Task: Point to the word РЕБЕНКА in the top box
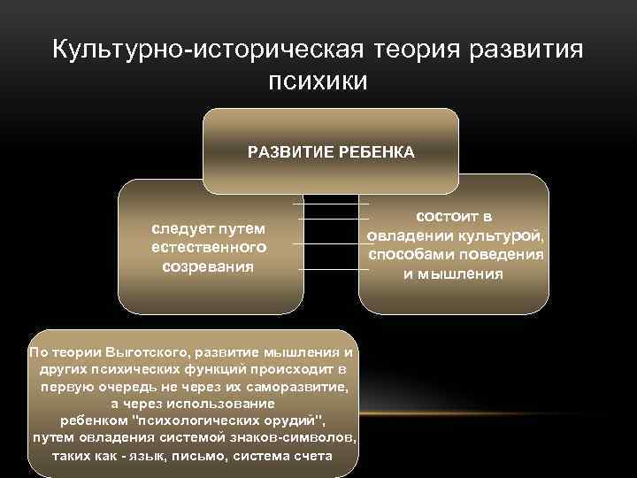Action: coord(372,152)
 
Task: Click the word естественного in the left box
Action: coord(209,247)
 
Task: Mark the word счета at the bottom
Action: coord(312,457)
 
